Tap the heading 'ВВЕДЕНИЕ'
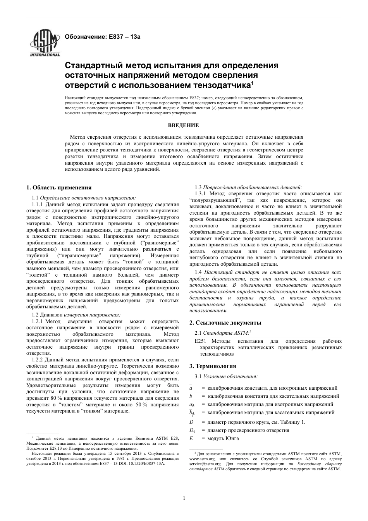[184, 125]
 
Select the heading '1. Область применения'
[59, 187]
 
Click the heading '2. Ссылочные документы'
[225, 322]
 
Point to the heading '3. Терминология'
[213, 366]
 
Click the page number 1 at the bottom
[184, 498]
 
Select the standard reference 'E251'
[201, 341]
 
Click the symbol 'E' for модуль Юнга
[191, 438]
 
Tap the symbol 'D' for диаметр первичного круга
[191, 422]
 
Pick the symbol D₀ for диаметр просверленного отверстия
[192, 430]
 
